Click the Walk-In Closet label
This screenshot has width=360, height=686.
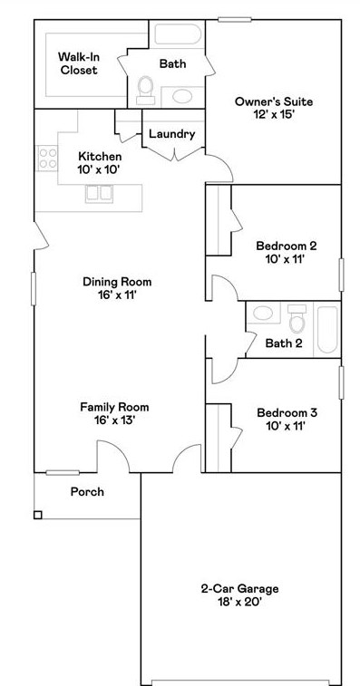[78, 63]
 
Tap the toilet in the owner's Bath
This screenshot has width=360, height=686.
[145, 91]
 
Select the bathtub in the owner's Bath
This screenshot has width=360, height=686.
[178, 34]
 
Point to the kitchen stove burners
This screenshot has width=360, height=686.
[47, 159]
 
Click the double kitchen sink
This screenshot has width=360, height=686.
[100, 193]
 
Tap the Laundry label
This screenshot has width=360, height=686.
[171, 134]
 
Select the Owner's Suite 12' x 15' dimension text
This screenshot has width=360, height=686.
[274, 115]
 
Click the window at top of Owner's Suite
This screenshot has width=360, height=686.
[235, 19]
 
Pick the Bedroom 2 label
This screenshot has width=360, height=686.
[287, 245]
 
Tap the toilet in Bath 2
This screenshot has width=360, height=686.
[297, 319]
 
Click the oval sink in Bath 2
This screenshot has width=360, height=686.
[263, 313]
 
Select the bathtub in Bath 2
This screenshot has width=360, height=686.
[327, 330]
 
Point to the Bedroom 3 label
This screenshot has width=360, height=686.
[287, 412]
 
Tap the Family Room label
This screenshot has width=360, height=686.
[114, 407]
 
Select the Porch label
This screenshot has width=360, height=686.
[88, 492]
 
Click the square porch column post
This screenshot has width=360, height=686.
[38, 515]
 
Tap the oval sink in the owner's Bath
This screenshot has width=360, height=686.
[181, 96]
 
